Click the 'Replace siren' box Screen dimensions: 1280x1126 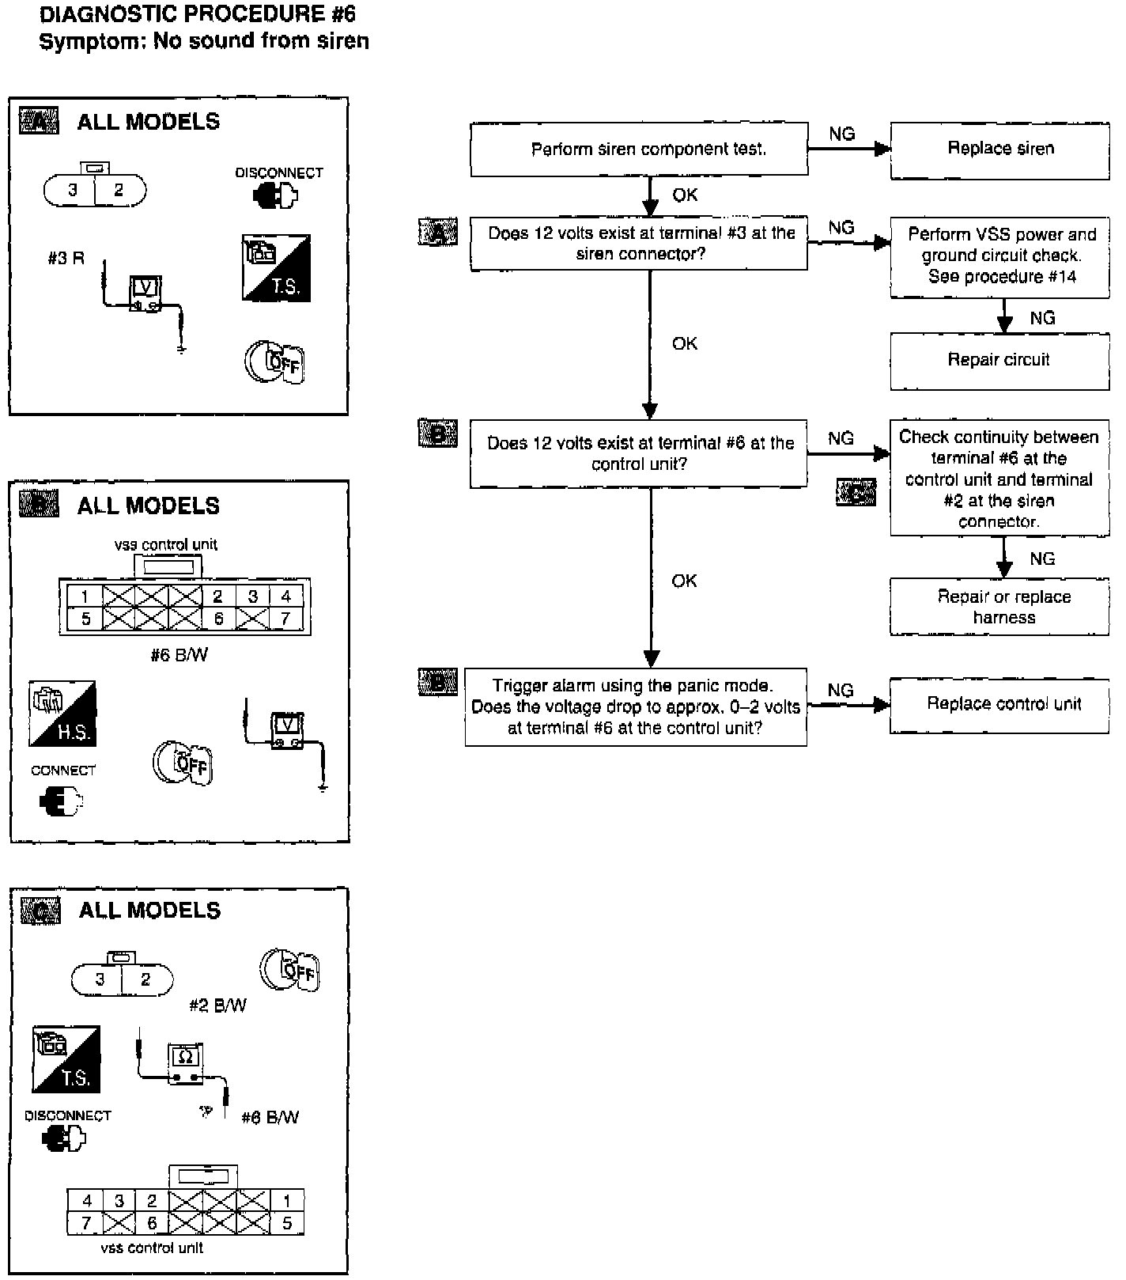tap(999, 150)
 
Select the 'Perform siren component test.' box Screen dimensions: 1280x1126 tap(639, 150)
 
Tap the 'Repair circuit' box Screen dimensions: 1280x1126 tap(999, 361)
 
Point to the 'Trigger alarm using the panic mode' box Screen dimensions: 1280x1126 tap(636, 706)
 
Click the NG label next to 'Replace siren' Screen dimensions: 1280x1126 tap(841, 134)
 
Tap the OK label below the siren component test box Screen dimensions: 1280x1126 tap(685, 195)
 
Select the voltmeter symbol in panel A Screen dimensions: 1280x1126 tap(146, 293)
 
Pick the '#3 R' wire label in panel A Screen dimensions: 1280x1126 tap(66, 259)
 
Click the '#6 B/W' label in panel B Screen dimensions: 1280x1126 tap(179, 655)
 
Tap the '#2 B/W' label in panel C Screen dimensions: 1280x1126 tap(217, 1005)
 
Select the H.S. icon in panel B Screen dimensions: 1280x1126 tap(62, 713)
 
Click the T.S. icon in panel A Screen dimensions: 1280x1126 tap(276, 267)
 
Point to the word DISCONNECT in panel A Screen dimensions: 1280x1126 tap(278, 172)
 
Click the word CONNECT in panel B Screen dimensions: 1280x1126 tap(63, 771)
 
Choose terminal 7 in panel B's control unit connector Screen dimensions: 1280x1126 tap(285, 619)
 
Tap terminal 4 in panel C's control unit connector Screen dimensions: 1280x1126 tap(87, 1200)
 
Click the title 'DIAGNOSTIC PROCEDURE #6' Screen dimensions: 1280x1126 tap(198, 14)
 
